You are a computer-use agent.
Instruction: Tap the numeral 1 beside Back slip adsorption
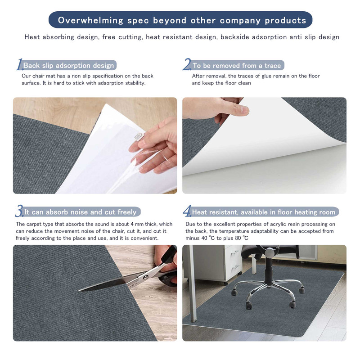19,65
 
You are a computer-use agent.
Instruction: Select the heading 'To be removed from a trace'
237,66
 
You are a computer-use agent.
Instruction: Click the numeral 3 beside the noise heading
19,211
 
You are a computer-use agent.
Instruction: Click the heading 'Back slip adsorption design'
68,66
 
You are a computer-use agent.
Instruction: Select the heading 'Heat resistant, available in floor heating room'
264,212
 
